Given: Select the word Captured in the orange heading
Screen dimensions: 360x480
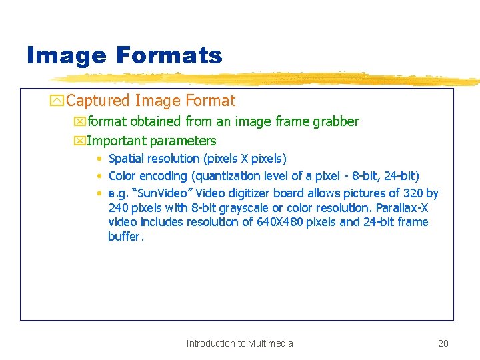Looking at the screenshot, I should click(98, 101).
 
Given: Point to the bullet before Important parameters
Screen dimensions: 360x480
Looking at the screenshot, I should click(81, 141).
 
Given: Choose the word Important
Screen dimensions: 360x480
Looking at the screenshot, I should click(116, 141).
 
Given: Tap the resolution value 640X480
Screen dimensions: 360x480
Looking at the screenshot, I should click(279, 222).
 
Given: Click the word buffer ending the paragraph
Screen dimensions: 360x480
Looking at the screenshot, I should click(124, 237).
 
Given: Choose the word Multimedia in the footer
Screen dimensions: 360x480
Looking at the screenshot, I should click(270, 344).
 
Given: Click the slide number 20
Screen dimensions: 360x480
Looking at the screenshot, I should click(443, 344).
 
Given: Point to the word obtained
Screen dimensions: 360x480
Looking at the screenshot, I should click(156, 121).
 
